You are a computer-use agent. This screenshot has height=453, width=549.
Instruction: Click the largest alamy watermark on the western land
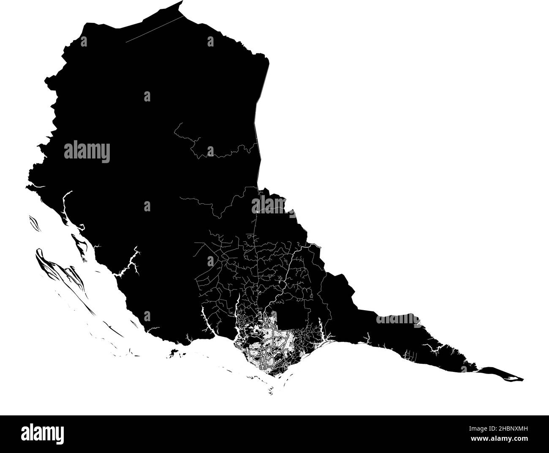click(x=87, y=152)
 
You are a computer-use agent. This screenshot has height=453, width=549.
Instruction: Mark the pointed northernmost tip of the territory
click(x=182, y=3)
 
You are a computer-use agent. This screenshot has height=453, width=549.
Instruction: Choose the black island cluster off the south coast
click(x=173, y=352)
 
